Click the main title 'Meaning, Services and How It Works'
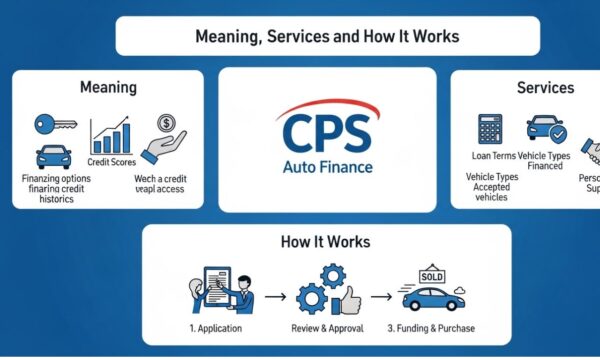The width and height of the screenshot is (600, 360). click(328, 36)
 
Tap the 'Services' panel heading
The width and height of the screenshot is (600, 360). click(545, 88)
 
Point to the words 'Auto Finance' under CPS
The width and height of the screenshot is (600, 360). click(327, 166)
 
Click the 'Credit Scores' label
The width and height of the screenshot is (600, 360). click(111, 162)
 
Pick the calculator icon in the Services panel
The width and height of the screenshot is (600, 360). click(490, 131)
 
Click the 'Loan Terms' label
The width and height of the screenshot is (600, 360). click(493, 156)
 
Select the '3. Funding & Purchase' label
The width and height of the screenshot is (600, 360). click(432, 328)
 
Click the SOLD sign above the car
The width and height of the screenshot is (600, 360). click(432, 275)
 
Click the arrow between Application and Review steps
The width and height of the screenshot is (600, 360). click(277, 297)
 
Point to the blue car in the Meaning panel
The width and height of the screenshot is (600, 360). click(54, 156)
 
